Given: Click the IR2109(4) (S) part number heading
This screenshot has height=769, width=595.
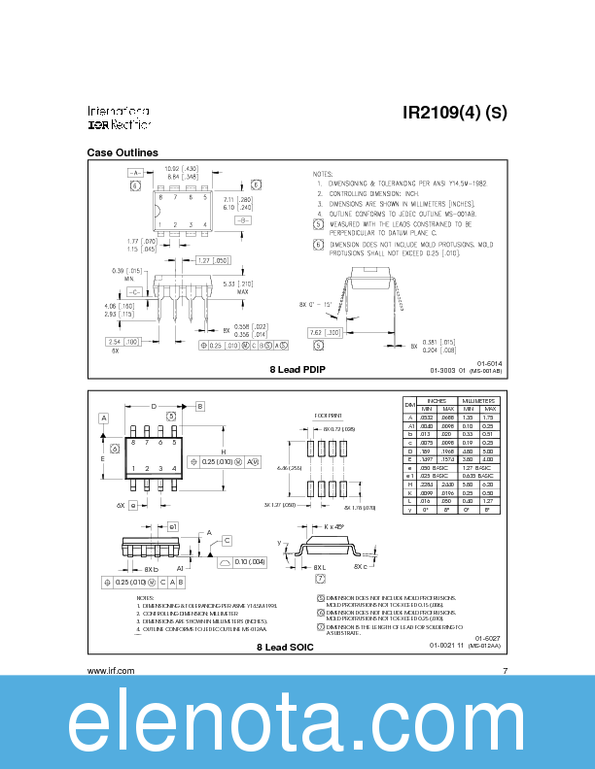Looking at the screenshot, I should tap(454, 113).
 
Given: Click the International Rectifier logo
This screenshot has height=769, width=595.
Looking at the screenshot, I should tap(119, 117).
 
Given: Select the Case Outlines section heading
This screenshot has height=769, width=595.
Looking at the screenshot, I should tap(122, 153).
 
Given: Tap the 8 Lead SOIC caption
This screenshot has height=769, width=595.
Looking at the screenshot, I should tap(285, 646).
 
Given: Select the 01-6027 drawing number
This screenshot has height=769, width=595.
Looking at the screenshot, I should tap(488, 637).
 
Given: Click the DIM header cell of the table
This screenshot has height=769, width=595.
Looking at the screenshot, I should tap(409, 404).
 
